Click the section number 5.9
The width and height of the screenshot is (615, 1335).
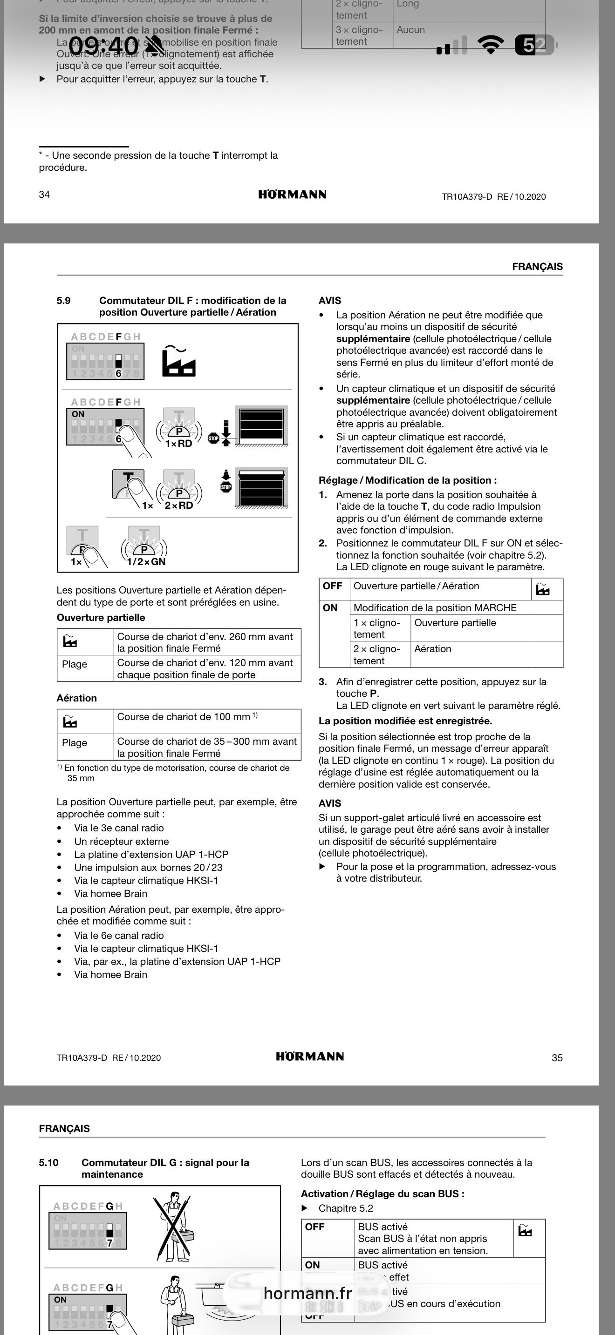tap(63, 301)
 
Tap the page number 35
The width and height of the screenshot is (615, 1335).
tap(557, 1058)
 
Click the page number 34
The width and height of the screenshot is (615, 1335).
tap(45, 195)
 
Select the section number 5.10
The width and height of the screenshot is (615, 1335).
tap(49, 1162)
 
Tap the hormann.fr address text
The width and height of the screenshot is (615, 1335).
tap(307, 1293)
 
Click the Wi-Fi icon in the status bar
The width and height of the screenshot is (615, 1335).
tap(491, 45)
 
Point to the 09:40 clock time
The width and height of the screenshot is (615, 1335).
tap(104, 46)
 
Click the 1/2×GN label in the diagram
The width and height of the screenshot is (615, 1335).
tap(146, 562)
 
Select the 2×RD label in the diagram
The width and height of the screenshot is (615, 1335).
tap(179, 506)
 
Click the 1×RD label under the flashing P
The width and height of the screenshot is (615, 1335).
tap(178, 444)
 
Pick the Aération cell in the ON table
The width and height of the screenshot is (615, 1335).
tap(433, 649)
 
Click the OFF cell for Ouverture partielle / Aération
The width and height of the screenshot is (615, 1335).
tap(332, 586)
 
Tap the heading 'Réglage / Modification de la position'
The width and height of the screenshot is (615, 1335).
tap(408, 480)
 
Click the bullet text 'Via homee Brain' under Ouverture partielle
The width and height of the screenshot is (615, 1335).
tap(110, 893)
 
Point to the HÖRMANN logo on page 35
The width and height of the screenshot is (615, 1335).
tap(309, 1056)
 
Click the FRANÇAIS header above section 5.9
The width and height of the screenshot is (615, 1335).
tap(537, 266)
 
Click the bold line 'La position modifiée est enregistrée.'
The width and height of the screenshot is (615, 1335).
tap(405, 721)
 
